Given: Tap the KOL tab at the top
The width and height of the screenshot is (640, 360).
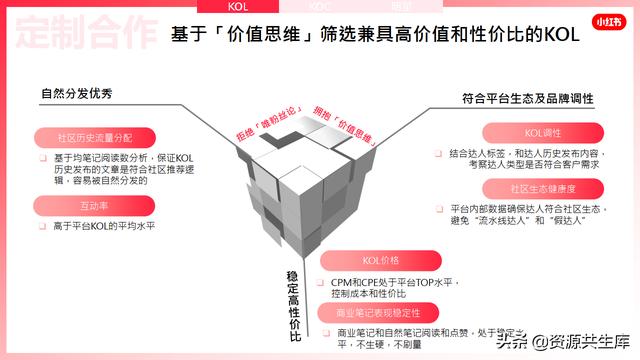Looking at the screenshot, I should (236, 5).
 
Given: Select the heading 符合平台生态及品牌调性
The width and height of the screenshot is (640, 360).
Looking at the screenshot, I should (528, 99).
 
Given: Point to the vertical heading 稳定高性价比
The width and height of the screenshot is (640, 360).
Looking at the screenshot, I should (293, 304).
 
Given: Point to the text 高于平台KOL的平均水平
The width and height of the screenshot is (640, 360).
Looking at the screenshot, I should (111, 226).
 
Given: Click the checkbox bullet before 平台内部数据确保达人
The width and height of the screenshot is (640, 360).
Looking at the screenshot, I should (439, 209).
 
